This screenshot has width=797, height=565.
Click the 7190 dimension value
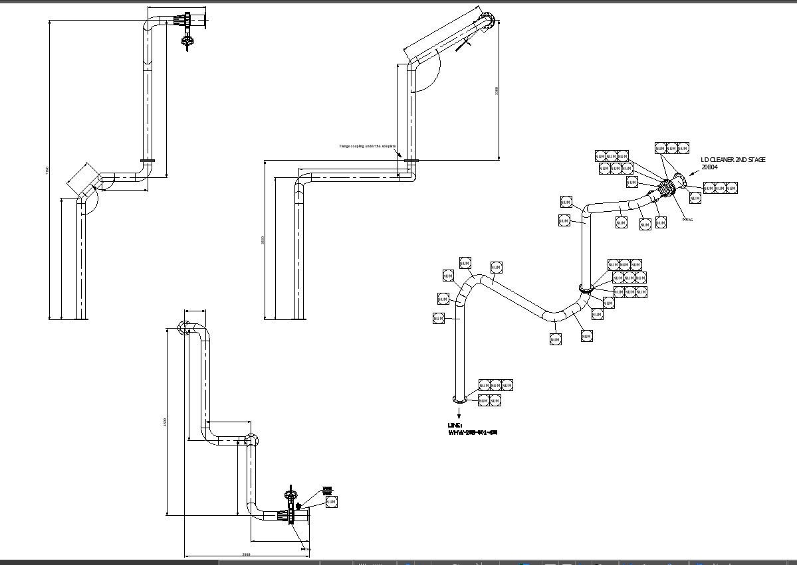pos(47,170)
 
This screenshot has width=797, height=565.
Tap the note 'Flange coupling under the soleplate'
pos(368,146)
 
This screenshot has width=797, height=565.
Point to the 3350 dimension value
pos(497,90)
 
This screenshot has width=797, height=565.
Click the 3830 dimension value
pos(263,240)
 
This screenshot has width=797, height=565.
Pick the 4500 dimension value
pos(165,422)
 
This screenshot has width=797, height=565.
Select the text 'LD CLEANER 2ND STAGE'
pos(733,160)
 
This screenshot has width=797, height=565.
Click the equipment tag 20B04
pos(709,167)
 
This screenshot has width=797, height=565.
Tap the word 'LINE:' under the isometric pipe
pos(455,425)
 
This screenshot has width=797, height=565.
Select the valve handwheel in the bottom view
pos(289,495)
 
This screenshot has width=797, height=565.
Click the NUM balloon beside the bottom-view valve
pos(331,502)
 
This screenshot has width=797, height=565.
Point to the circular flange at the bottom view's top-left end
pos(183,327)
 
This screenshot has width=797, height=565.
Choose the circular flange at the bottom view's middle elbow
pos(251,440)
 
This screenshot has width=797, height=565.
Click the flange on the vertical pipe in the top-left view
pos(148,160)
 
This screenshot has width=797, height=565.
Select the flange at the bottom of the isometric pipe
pos(459,399)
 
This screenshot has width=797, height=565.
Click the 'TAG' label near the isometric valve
pos(689,220)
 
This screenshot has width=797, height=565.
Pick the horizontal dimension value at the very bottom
pos(246,554)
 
